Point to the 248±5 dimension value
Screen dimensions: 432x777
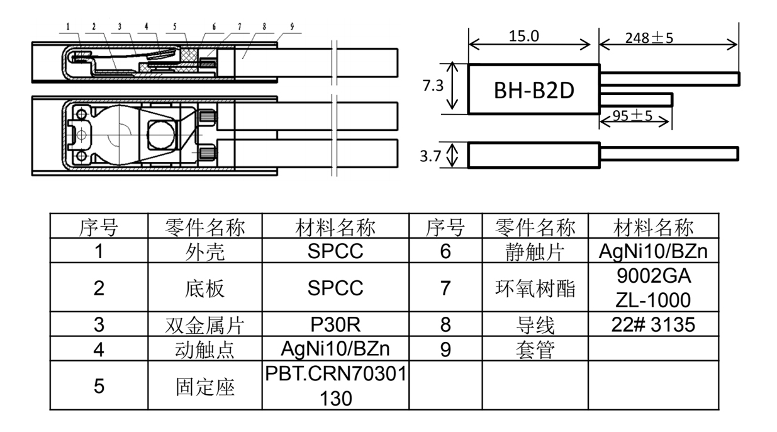(649, 37)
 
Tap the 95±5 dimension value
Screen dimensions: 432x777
(632, 116)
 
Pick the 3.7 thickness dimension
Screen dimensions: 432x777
(431, 156)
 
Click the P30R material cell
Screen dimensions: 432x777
(335, 324)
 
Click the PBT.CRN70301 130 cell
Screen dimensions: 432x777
(335, 385)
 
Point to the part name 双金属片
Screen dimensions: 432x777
(204, 325)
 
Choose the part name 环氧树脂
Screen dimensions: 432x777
(535, 288)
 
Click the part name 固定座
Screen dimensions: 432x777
(204, 386)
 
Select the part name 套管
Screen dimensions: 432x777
(535, 349)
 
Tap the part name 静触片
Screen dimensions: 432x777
(535, 251)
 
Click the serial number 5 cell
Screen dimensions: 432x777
(98, 385)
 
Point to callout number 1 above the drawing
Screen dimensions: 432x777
(69, 28)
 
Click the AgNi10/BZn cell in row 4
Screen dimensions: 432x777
(335, 349)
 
